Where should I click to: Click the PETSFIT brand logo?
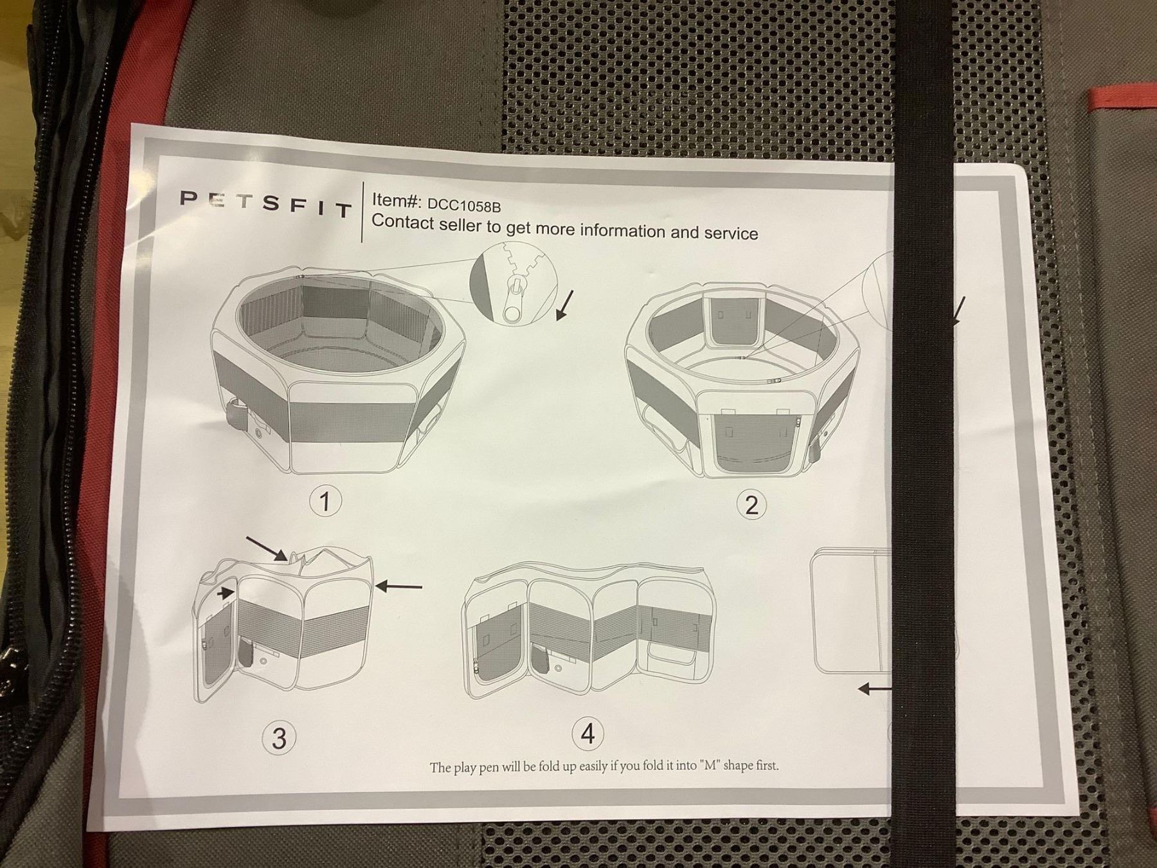point(266,203)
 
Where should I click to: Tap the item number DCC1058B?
point(464,206)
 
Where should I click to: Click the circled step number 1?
point(325,501)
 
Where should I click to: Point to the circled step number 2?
point(751,505)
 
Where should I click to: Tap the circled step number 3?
point(279,737)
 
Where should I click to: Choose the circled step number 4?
point(587,734)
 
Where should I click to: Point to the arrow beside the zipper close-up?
point(564,305)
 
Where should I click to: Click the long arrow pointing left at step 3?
point(399,586)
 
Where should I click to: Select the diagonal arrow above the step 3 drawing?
point(266,548)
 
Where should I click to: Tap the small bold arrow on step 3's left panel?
point(224,594)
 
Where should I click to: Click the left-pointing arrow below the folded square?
point(875,689)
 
